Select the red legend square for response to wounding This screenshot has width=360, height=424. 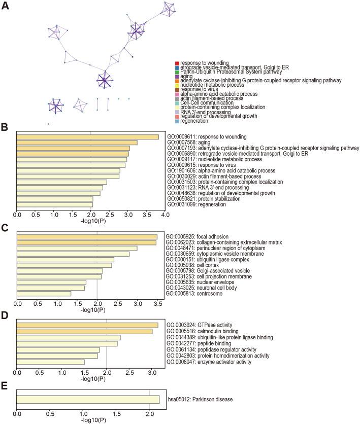[177, 63]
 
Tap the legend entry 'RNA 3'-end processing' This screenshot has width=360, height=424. [203, 112]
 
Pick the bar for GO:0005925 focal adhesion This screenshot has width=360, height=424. [87, 237]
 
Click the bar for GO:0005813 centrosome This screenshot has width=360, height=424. [44, 293]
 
